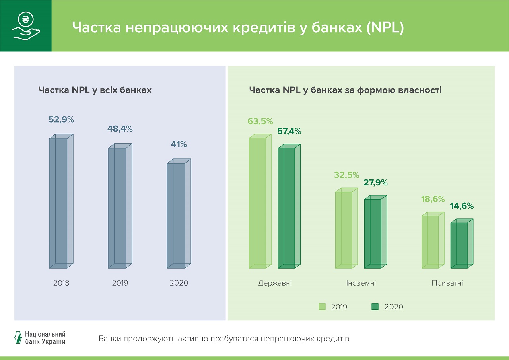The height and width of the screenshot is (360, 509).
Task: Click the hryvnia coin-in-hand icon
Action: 26,26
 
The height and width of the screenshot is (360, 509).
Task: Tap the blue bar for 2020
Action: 179,215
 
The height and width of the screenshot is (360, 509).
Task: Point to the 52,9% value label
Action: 61,119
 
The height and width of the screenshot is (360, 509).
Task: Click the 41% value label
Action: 179,144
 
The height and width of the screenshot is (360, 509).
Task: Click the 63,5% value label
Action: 260,121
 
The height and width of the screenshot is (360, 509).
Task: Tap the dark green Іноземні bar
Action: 375,232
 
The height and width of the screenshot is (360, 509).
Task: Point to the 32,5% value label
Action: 347,175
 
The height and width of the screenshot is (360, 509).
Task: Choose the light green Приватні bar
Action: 433,241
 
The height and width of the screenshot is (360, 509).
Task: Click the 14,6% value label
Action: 462,206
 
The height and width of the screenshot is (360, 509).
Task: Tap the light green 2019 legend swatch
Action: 322,306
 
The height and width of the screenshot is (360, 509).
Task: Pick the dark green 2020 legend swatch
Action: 375,306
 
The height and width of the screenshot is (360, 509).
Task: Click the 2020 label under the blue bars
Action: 179,283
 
